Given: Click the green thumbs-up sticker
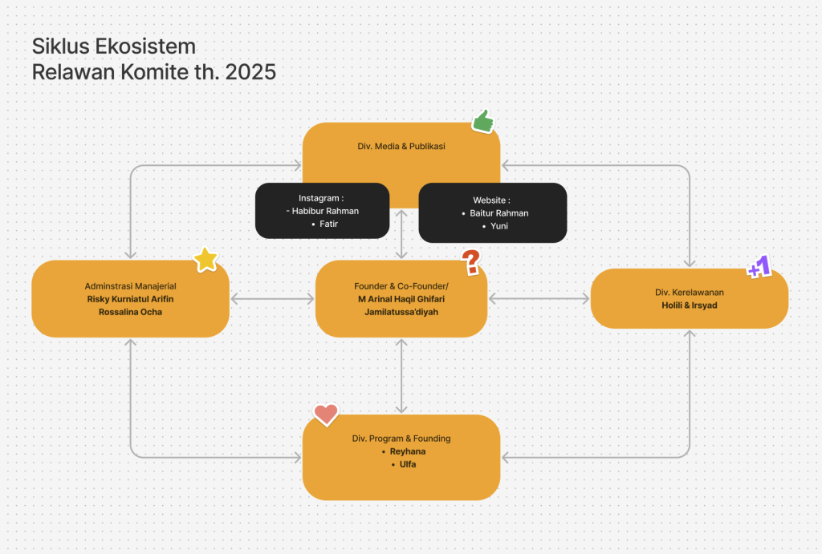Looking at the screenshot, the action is [482, 122].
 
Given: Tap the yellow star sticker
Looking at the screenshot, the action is [205, 260].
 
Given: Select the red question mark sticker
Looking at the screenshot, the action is [470, 262].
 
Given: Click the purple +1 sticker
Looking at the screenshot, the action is [759, 266].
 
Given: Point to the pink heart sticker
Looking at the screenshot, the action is [326, 414].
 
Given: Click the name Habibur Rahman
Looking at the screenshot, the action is [325, 211].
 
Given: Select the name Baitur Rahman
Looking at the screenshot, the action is [499, 213].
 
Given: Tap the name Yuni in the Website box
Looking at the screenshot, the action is [499, 225].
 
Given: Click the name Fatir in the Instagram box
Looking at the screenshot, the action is [328, 224].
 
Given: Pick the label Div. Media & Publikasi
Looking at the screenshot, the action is [401, 146].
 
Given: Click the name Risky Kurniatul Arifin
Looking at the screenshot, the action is [131, 299].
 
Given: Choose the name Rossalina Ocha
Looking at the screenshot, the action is [131, 312].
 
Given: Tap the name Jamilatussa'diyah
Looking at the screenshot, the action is [401, 312].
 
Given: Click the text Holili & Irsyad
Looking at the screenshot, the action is [690, 305].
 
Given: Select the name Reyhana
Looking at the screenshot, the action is [408, 451].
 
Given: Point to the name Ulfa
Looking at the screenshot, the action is [408, 464].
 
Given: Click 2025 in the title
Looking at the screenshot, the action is [250, 71].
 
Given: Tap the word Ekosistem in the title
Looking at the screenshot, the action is [146, 47].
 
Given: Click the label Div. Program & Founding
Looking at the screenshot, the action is [401, 439].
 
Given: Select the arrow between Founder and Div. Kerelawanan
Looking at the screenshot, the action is [539, 298].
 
